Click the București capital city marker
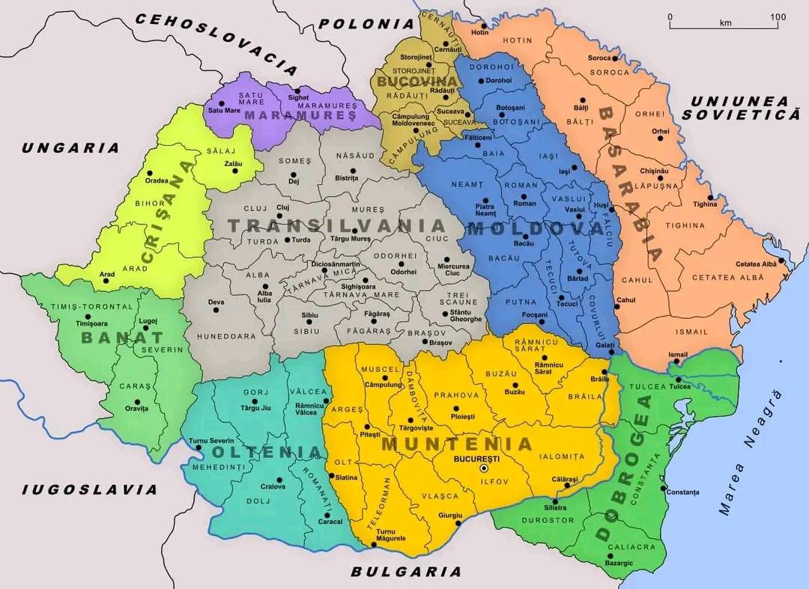pyautogui.click(x=484, y=467)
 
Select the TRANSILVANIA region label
pyautogui.click(x=336, y=225)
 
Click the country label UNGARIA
pyautogui.click(x=70, y=147)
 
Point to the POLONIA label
pyautogui.click(x=366, y=23)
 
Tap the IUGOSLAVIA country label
pyautogui.click(x=90, y=489)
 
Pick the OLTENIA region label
pyautogui.click(x=267, y=452)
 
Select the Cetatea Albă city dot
pyautogui.click(x=781, y=261)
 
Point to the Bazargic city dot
pyautogui.click(x=618, y=556)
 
